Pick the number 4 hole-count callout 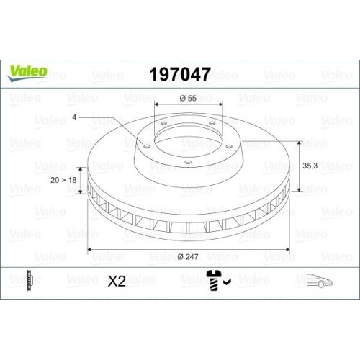(x=73, y=117)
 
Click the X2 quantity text (x=116, y=282)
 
